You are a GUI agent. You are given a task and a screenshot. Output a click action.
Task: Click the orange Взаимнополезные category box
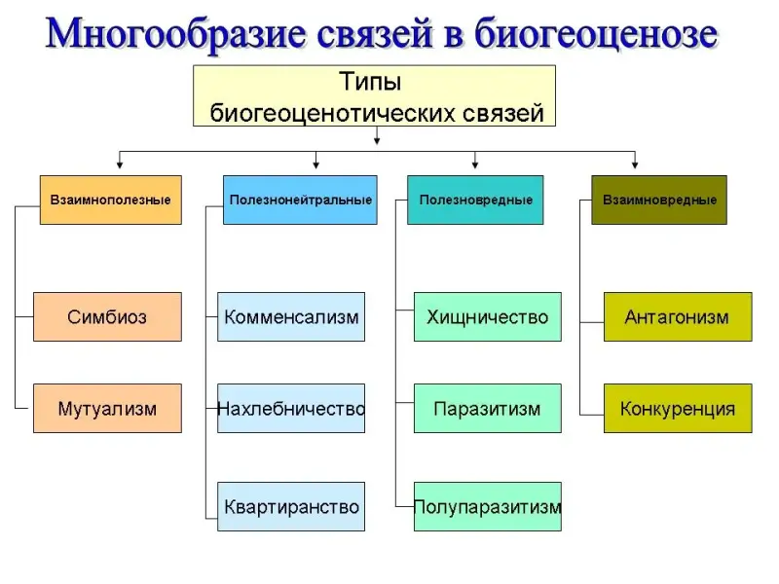tap(110, 200)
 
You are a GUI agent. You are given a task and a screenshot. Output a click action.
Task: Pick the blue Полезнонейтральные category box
tap(300, 200)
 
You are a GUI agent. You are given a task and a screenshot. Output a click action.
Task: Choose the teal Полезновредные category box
tap(475, 200)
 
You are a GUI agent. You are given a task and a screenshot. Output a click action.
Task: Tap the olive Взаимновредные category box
tap(659, 200)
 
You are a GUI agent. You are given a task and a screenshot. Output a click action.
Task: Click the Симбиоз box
tap(107, 316)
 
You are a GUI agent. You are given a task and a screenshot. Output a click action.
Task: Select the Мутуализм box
tap(107, 408)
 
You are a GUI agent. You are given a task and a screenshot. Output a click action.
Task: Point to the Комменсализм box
tap(291, 316)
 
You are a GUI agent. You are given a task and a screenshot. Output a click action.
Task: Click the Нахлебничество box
tap(291, 408)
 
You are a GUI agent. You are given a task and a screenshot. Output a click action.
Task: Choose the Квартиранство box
tap(291, 506)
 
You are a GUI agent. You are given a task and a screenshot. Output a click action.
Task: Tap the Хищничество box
tap(487, 316)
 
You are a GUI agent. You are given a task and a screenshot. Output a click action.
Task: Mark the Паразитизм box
tap(487, 408)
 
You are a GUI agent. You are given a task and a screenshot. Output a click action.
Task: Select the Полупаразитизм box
tap(487, 506)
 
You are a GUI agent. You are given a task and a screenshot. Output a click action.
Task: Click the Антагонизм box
tap(678, 316)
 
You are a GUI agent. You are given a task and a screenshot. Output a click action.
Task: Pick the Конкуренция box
tap(678, 408)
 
